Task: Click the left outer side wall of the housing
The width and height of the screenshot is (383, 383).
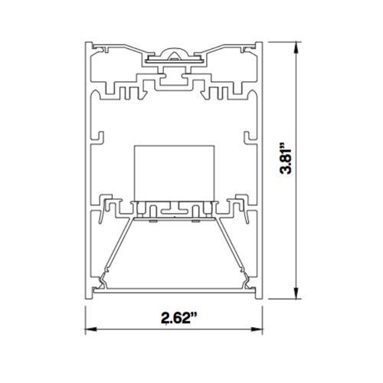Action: [x=87, y=169]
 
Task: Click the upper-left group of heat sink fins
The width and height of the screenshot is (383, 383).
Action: [x=126, y=93]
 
